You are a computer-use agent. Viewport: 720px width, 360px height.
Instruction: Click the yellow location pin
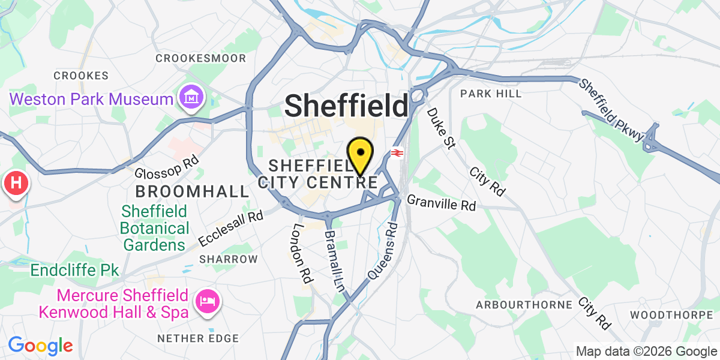click(361, 155)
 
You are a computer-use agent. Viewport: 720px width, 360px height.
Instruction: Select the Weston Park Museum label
click(91, 98)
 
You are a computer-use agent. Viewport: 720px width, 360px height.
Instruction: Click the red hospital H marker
click(16, 183)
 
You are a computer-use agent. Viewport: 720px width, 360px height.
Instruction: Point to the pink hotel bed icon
click(208, 300)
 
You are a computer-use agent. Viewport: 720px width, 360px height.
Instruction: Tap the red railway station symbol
click(396, 153)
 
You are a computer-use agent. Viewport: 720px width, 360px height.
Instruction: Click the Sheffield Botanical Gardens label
click(155, 228)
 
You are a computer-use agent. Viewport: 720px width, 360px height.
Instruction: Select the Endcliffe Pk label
click(75, 271)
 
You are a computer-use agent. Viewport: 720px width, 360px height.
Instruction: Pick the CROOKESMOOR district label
click(200, 58)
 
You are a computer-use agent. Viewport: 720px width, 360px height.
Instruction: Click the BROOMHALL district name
click(192, 192)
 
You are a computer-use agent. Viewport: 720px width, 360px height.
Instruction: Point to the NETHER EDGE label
click(198, 338)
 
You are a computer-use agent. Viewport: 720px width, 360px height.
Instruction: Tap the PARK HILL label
click(491, 94)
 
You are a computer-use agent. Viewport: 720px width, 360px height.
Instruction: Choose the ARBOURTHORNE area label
click(524, 305)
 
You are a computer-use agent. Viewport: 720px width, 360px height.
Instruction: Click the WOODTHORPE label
click(673, 314)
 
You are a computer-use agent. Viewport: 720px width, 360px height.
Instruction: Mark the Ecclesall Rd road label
click(232, 228)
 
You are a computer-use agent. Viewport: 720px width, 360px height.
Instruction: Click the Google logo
click(40, 346)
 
